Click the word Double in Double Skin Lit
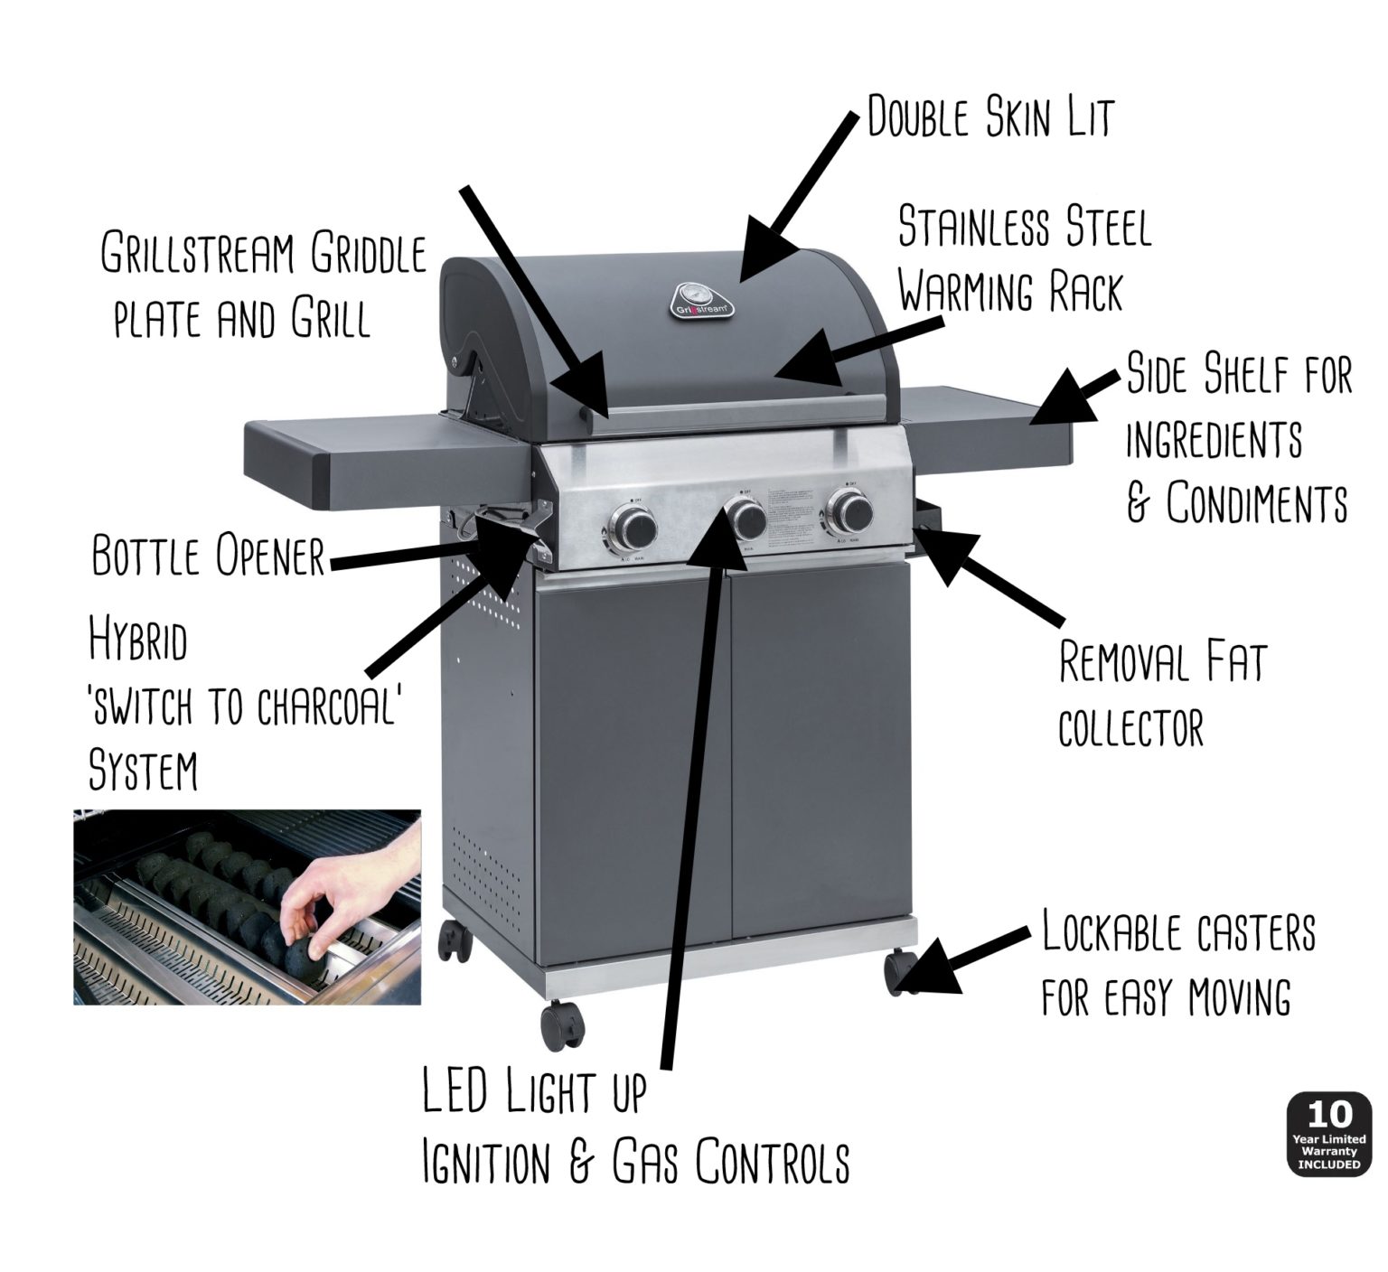(918, 117)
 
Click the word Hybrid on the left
(138, 641)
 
